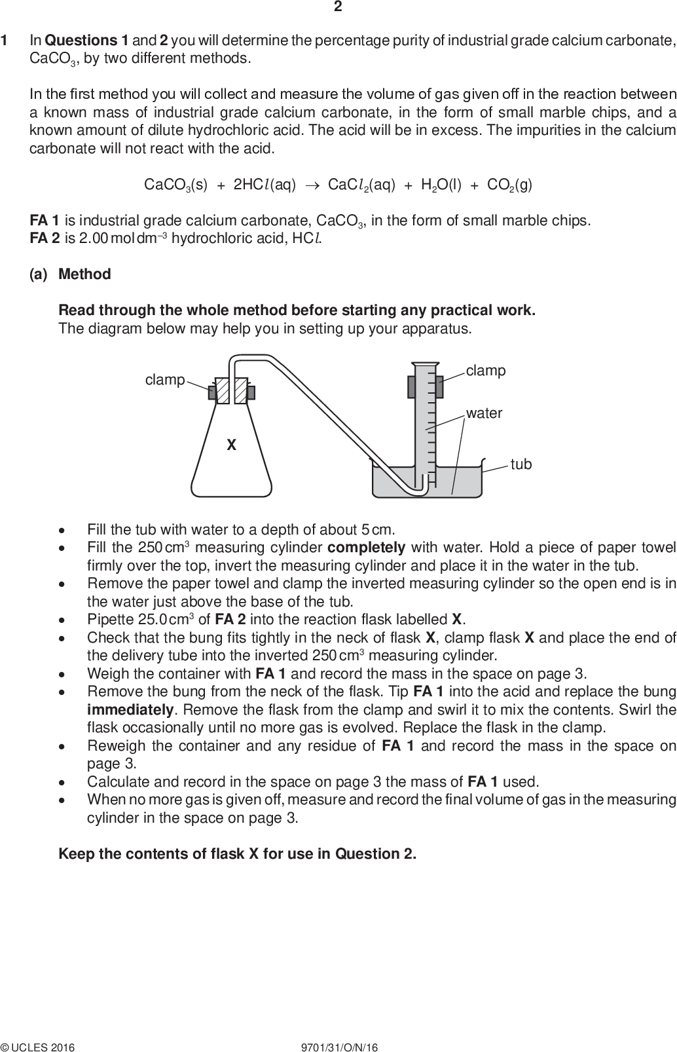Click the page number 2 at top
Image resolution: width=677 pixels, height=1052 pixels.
pyautogui.click(x=338, y=7)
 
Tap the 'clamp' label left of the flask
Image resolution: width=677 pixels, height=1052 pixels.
pyautogui.click(x=165, y=380)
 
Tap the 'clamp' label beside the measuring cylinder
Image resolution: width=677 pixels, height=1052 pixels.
pyautogui.click(x=486, y=371)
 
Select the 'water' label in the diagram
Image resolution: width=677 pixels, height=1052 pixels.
pyautogui.click(x=484, y=413)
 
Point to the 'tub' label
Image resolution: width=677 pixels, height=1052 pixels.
pyautogui.click(x=521, y=464)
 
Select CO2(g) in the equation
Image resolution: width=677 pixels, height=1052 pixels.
pyautogui.click(x=509, y=185)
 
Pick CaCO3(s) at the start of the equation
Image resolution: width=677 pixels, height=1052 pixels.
pyautogui.click(x=175, y=185)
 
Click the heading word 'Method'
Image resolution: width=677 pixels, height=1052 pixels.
pyautogui.click(x=84, y=274)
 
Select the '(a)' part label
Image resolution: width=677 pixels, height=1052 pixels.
pyautogui.click(x=39, y=274)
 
